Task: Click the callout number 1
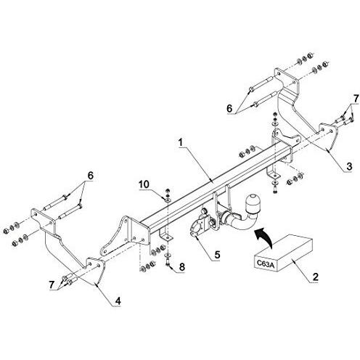click(x=181, y=143)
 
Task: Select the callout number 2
click(x=316, y=277)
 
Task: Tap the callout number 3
click(x=349, y=166)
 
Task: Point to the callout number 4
click(x=118, y=300)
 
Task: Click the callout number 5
click(x=217, y=255)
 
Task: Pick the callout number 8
click(x=182, y=267)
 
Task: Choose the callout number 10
click(x=144, y=184)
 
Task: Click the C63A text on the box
click(x=265, y=264)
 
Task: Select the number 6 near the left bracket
click(x=90, y=176)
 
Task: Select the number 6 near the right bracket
click(x=229, y=108)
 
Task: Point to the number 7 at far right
click(x=356, y=99)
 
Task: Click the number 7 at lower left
click(x=52, y=285)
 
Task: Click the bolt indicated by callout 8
click(x=168, y=263)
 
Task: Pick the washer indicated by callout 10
click(x=168, y=200)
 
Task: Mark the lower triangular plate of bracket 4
click(x=96, y=270)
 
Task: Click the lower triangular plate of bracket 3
click(x=327, y=136)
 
